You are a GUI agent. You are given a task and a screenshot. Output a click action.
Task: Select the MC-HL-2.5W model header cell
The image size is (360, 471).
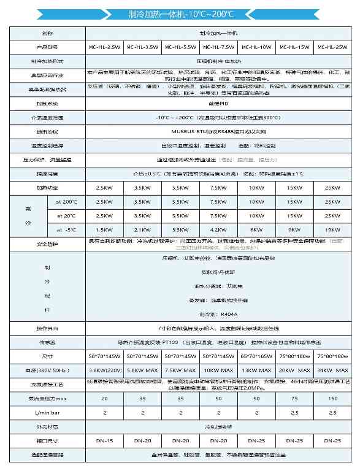[x=104, y=47]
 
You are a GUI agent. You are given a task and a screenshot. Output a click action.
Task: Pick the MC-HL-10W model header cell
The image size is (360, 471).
[x=257, y=47]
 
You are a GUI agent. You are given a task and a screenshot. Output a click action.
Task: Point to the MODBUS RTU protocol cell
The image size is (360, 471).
[x=218, y=131]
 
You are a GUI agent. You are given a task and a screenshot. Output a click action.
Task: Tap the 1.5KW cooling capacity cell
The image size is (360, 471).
[x=104, y=230]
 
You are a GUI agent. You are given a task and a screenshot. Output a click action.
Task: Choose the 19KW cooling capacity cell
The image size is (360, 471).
[x=333, y=230]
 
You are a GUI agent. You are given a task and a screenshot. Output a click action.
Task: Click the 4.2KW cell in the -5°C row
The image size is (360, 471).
[x=218, y=230]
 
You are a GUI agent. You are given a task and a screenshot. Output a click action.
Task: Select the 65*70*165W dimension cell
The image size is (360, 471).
[x=257, y=356]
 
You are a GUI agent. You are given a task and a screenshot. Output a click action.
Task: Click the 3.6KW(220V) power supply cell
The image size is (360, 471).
[x=104, y=370]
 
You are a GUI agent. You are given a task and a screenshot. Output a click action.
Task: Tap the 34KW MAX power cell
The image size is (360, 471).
[x=333, y=370]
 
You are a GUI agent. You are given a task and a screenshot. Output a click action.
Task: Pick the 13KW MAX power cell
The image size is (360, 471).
[x=257, y=370]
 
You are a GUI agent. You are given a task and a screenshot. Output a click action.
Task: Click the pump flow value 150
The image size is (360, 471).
[x=333, y=399]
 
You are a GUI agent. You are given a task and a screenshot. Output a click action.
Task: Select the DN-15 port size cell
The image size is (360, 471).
[x=104, y=441]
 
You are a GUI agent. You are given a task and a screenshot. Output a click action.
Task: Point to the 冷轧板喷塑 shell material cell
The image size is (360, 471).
[x=218, y=427]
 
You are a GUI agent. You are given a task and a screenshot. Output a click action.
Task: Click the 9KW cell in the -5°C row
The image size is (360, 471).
[x=295, y=230]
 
